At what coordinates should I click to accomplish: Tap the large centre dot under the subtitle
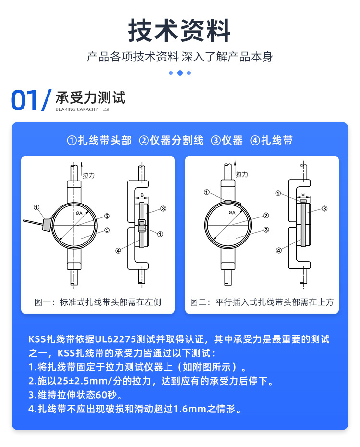click(180, 73)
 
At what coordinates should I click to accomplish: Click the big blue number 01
click(24, 100)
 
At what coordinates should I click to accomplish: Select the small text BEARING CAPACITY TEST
click(83, 109)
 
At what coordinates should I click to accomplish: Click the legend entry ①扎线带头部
click(99, 141)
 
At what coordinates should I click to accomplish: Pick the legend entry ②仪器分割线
click(171, 141)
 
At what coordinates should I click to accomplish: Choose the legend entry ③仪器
click(227, 141)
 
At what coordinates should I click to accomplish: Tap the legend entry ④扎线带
click(272, 141)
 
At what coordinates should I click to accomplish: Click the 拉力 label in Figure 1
click(89, 176)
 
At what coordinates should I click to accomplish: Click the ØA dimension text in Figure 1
click(78, 213)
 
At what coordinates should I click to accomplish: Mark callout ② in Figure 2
click(265, 216)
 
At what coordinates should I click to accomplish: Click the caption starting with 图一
click(98, 302)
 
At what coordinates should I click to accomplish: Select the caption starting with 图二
click(262, 302)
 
